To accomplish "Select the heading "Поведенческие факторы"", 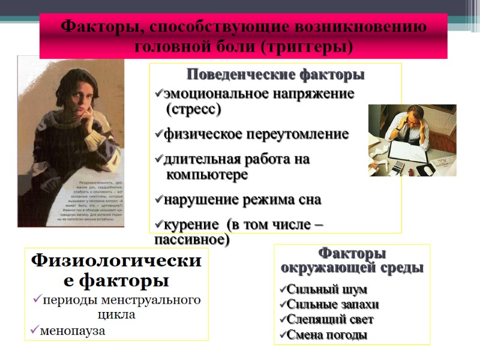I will [275, 75].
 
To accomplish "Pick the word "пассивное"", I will [191, 239].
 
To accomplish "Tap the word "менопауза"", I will [72, 330].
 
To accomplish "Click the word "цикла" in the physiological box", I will [116, 314].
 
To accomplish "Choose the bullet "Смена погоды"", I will [326, 335].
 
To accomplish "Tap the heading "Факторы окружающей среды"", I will [352, 260].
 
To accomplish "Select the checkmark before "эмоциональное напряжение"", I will [158, 94].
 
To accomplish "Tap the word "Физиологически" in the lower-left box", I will [116, 262].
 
